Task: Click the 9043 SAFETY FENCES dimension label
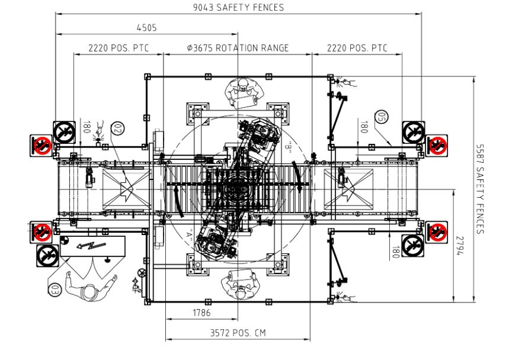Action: pyautogui.click(x=238, y=8)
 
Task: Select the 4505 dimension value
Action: pyautogui.click(x=146, y=28)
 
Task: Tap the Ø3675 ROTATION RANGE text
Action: pyautogui.click(x=238, y=48)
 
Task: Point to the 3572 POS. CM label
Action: pyautogui.click(x=238, y=333)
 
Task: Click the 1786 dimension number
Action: pyautogui.click(x=201, y=313)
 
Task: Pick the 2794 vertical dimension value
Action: pyautogui.click(x=460, y=246)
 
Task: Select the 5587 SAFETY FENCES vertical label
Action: pyautogui.click(x=480, y=189)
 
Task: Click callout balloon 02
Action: pyautogui.click(x=117, y=128)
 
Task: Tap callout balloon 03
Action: pyautogui.click(x=55, y=289)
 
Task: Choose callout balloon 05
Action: pyautogui.click(x=382, y=117)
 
